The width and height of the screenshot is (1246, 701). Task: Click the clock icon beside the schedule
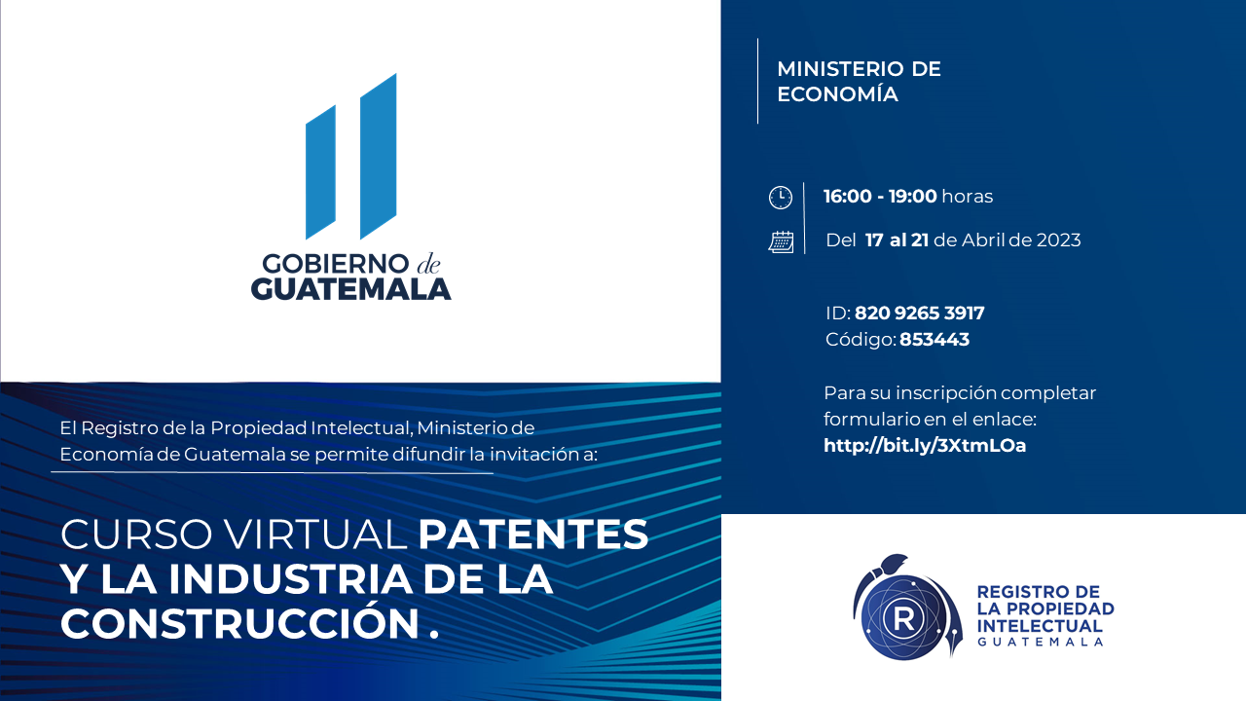tap(781, 198)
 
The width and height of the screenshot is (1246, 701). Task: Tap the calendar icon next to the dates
tap(781, 242)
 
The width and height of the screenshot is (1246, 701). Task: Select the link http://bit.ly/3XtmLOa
tap(925, 446)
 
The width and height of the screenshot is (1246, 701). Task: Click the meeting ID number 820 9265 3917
tap(920, 314)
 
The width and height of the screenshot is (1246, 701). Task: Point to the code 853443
tap(934, 340)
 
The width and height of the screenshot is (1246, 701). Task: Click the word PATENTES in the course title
tap(532, 535)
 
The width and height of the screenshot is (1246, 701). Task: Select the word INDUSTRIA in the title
tap(291, 579)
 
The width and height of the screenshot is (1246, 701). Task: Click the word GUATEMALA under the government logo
tap(351, 289)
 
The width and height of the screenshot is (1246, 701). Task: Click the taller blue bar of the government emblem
tap(379, 157)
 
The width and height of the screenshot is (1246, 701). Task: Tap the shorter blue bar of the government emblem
tap(321, 172)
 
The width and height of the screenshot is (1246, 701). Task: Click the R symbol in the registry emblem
tap(904, 618)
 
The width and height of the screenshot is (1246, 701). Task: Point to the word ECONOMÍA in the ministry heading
tap(838, 94)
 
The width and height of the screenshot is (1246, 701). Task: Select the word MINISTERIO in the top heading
tap(840, 69)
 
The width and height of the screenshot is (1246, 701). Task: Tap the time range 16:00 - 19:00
tap(881, 197)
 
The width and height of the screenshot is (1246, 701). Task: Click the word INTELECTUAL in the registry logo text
tap(1040, 626)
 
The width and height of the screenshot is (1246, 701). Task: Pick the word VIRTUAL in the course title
tap(316, 535)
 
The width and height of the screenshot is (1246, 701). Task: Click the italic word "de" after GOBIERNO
tap(428, 264)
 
